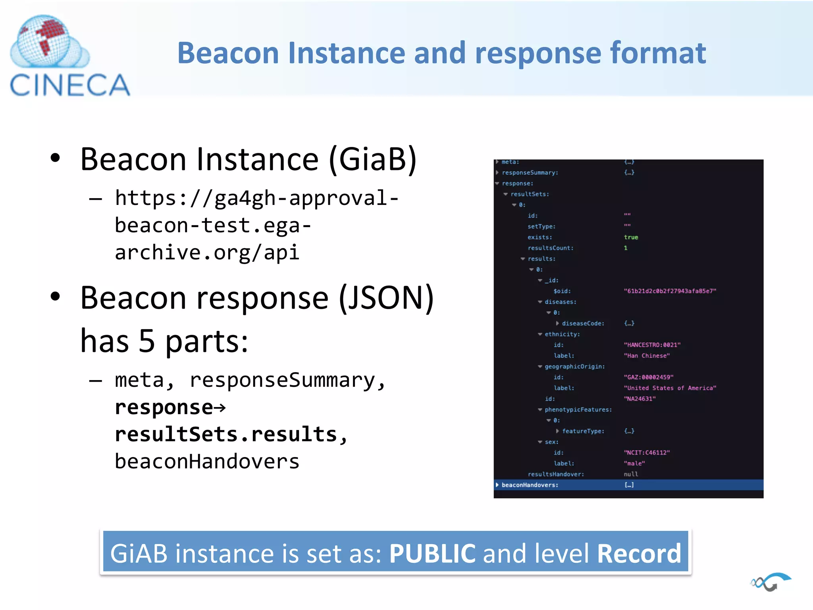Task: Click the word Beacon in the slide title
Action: (228, 53)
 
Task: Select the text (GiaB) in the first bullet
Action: (373, 159)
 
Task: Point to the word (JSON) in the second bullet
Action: (386, 298)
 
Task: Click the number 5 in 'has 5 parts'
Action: (146, 341)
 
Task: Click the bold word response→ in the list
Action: (170, 407)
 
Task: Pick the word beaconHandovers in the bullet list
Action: (207, 461)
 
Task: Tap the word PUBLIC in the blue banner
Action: (432, 553)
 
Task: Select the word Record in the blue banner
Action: (639, 553)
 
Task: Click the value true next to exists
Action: (631, 237)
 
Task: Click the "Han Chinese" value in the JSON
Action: (647, 356)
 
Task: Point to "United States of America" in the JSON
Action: (670, 388)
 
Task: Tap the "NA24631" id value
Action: (640, 399)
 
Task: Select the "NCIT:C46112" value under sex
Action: (647, 453)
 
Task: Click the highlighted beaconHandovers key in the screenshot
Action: (530, 485)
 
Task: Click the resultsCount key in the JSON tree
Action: (550, 248)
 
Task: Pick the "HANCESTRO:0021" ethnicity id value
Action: (652, 345)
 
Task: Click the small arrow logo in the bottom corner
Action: (771, 582)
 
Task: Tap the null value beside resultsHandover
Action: (631, 474)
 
